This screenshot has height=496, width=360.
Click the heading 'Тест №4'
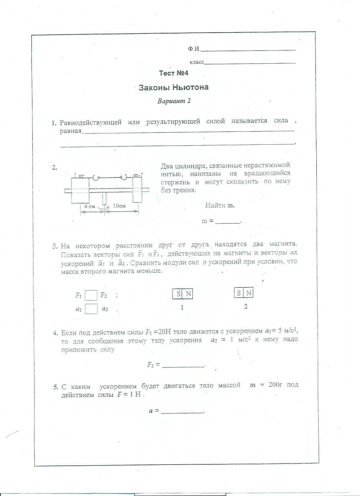tap(173, 73)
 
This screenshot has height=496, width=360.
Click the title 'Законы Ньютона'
tap(173, 87)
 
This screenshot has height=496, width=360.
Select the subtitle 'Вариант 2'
tap(174, 101)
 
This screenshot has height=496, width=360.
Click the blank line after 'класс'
tap(250, 62)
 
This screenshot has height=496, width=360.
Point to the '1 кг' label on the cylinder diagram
tap(79, 176)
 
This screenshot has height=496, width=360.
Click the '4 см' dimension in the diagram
tap(90, 206)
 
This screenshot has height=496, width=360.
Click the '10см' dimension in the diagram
tap(119, 206)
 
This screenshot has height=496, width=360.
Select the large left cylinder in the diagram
tap(80, 190)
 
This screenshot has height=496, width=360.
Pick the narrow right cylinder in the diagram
tap(137, 189)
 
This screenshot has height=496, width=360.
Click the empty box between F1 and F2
tap(91, 295)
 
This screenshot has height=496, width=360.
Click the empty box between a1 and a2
tap(91, 309)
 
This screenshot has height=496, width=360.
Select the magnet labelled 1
tap(182, 294)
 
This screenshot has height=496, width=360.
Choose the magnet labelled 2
tap(244, 293)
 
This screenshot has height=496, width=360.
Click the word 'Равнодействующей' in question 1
tap(91, 122)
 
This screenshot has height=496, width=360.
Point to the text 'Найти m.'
tap(220, 205)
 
